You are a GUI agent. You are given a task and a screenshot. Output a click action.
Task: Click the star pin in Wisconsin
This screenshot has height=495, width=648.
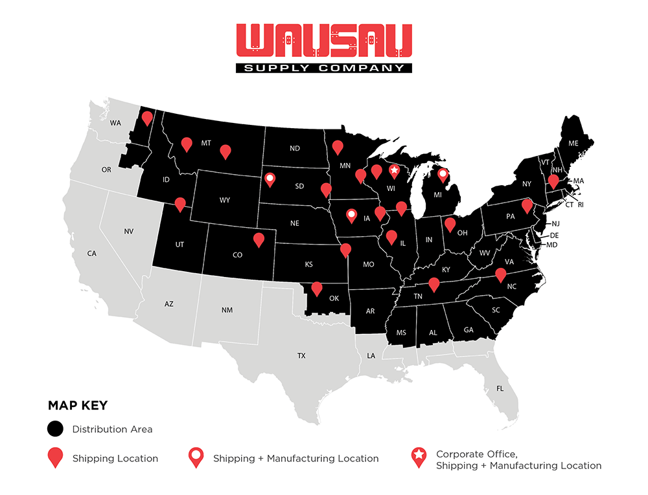pos(394,171)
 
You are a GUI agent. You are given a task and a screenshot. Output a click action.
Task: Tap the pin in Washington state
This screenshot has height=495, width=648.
pos(147,118)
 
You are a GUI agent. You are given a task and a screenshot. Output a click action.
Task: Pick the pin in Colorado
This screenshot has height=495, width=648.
pos(259,239)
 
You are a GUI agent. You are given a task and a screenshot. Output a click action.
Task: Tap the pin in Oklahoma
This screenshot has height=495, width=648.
pos(317,288)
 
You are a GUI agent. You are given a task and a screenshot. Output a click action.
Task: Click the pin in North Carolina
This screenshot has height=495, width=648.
pos(500,275)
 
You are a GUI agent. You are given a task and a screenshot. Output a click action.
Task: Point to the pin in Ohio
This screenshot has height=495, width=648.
pos(449,225)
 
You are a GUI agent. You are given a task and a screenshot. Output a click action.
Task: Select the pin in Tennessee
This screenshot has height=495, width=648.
pos(434,284)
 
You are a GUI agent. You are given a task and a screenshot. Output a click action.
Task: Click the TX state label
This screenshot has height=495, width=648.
pos(301,356)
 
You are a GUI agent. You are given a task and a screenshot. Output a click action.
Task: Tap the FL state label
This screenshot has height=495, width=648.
pos(500,389)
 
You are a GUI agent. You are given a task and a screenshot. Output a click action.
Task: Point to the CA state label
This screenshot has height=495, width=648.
pos(92,254)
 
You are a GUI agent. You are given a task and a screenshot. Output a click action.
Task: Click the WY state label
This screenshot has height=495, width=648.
pos(225,200)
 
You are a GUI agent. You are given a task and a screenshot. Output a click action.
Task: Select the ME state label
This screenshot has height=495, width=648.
pos(573,143)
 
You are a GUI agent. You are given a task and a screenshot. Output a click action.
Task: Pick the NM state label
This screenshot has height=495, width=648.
pos(227,310)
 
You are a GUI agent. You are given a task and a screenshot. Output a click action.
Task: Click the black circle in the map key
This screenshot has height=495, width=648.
pos(56,429)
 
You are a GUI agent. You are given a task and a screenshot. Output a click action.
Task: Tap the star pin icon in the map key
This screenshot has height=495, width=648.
pos(419,457)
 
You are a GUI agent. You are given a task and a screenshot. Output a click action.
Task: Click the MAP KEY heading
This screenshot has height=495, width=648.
pos(78,406)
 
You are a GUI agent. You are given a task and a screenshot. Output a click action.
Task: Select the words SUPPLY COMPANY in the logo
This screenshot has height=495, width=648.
pos(323,67)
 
